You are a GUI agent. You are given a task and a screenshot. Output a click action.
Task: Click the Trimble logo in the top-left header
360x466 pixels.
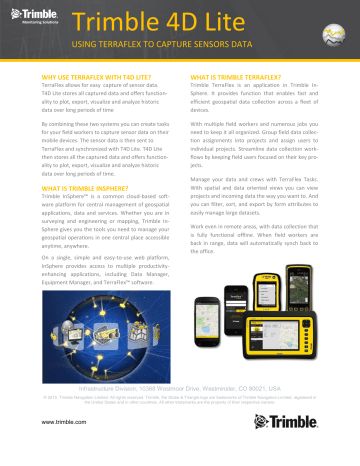click(36, 20)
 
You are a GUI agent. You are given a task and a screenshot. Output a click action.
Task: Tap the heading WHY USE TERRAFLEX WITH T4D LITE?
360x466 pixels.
click(86, 77)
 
